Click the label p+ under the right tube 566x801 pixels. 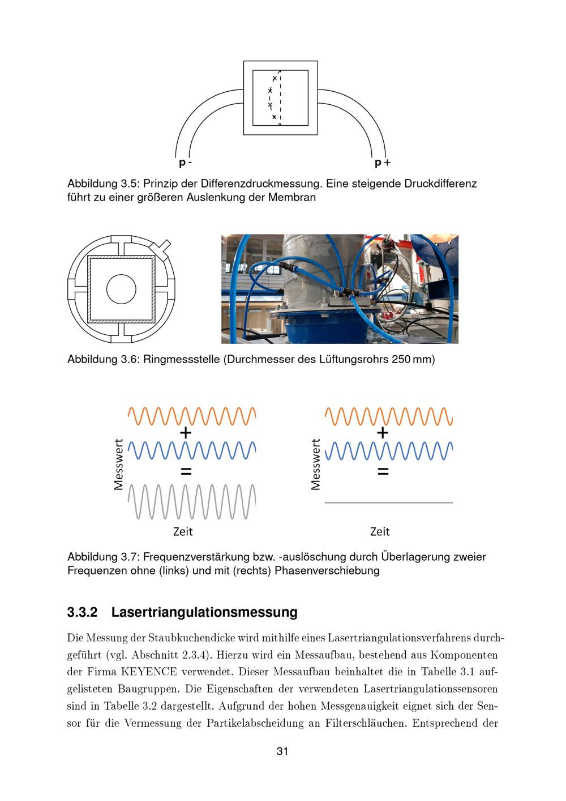coord(383,163)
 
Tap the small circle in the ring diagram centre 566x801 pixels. coord(121,288)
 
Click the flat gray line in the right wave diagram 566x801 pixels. coord(389,502)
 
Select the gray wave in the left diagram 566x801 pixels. coord(192,502)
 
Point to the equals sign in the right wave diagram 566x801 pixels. coord(383,471)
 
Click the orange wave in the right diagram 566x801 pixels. coord(389,416)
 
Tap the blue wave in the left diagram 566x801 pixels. coord(192,451)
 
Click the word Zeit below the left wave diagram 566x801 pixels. coord(183,531)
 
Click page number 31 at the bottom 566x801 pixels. coord(282,752)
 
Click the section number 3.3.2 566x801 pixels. coord(83,612)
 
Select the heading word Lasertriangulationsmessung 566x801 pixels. coord(204,612)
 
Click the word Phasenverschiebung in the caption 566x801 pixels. coord(327,570)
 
